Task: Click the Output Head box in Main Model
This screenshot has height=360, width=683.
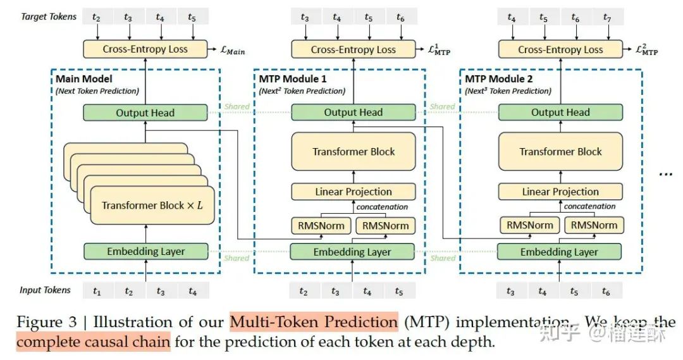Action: point(145,113)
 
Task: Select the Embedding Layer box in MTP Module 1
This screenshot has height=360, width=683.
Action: point(352,252)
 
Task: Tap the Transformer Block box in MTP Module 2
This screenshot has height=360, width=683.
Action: point(560,152)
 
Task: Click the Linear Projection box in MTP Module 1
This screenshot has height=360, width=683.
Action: point(353,192)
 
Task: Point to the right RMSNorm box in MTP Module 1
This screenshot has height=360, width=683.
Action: point(385,225)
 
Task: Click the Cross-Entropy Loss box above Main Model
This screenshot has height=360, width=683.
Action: point(145,49)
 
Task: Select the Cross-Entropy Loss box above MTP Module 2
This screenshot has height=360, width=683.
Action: point(560,49)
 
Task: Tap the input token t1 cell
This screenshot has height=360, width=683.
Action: point(97,292)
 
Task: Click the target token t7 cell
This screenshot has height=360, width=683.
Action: point(607,18)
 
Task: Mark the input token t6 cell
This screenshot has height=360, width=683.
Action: point(606,292)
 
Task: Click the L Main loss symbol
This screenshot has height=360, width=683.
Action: point(232,50)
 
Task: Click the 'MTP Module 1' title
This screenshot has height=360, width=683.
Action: point(292,79)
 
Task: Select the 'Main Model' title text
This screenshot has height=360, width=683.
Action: point(83,79)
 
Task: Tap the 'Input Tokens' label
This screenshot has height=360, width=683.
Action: point(45,290)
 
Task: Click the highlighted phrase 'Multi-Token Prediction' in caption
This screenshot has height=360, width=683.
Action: point(314,322)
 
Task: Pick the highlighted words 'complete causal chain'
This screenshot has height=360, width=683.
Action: point(93,343)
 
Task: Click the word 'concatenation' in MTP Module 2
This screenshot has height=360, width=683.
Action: point(589,206)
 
